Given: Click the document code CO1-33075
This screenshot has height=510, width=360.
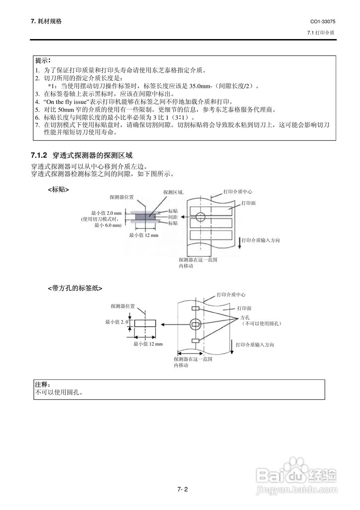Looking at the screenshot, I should (x=323, y=22).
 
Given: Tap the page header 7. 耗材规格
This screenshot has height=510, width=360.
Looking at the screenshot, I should (x=46, y=22).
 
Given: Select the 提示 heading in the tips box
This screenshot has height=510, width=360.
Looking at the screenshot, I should (x=43, y=61).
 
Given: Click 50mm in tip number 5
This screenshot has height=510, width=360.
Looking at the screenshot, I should (x=64, y=110).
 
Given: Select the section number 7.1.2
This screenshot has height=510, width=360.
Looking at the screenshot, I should (x=39, y=155).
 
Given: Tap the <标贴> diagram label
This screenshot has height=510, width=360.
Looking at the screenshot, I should (x=59, y=190).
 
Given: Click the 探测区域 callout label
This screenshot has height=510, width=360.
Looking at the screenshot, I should (x=173, y=192).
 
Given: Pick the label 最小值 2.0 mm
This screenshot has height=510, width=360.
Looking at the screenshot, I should (x=106, y=213).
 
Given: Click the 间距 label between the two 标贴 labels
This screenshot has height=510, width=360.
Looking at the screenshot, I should (x=173, y=217).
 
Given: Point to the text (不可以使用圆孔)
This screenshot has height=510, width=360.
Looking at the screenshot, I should (x=262, y=324).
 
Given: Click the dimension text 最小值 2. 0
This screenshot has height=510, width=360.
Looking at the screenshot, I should (x=116, y=322).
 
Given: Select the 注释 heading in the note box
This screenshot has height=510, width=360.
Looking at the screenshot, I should (x=42, y=385).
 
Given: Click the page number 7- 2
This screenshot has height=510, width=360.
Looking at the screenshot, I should (x=182, y=490).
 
